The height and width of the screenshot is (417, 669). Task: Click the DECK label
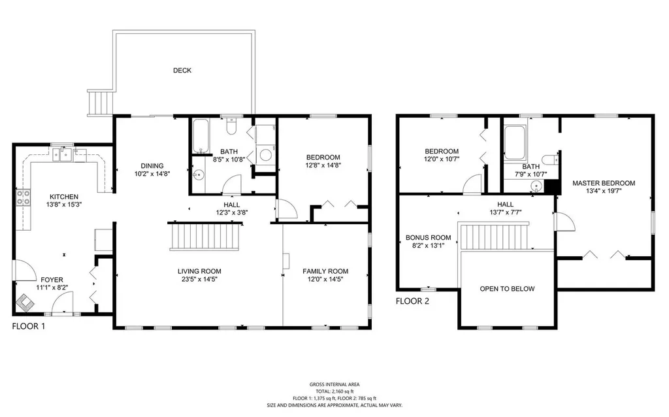(x=182, y=71)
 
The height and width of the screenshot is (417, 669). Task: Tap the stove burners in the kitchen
(x=24, y=197)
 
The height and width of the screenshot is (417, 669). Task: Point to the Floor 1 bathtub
(x=201, y=136)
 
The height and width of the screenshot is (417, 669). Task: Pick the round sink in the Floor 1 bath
(x=198, y=175)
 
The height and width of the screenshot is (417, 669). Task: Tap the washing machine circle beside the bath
(x=266, y=154)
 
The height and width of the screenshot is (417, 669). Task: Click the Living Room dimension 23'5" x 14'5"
(x=199, y=279)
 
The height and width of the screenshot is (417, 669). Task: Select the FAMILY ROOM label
(x=325, y=271)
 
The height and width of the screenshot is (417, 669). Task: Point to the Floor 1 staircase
(x=204, y=237)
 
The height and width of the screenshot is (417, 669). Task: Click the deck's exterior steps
(x=101, y=103)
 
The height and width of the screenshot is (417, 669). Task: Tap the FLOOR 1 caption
(x=29, y=327)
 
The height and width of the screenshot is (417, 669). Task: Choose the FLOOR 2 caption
(x=413, y=301)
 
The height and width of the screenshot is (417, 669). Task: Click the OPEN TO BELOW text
(x=507, y=289)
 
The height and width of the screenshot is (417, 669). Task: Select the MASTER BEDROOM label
(x=604, y=183)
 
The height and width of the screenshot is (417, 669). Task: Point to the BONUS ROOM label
(x=429, y=238)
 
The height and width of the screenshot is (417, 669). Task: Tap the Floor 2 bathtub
(x=515, y=142)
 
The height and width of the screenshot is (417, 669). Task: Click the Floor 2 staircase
(x=494, y=235)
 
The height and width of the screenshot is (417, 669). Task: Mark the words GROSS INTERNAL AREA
(x=334, y=384)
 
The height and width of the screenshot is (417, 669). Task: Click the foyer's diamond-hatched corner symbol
(x=25, y=303)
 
